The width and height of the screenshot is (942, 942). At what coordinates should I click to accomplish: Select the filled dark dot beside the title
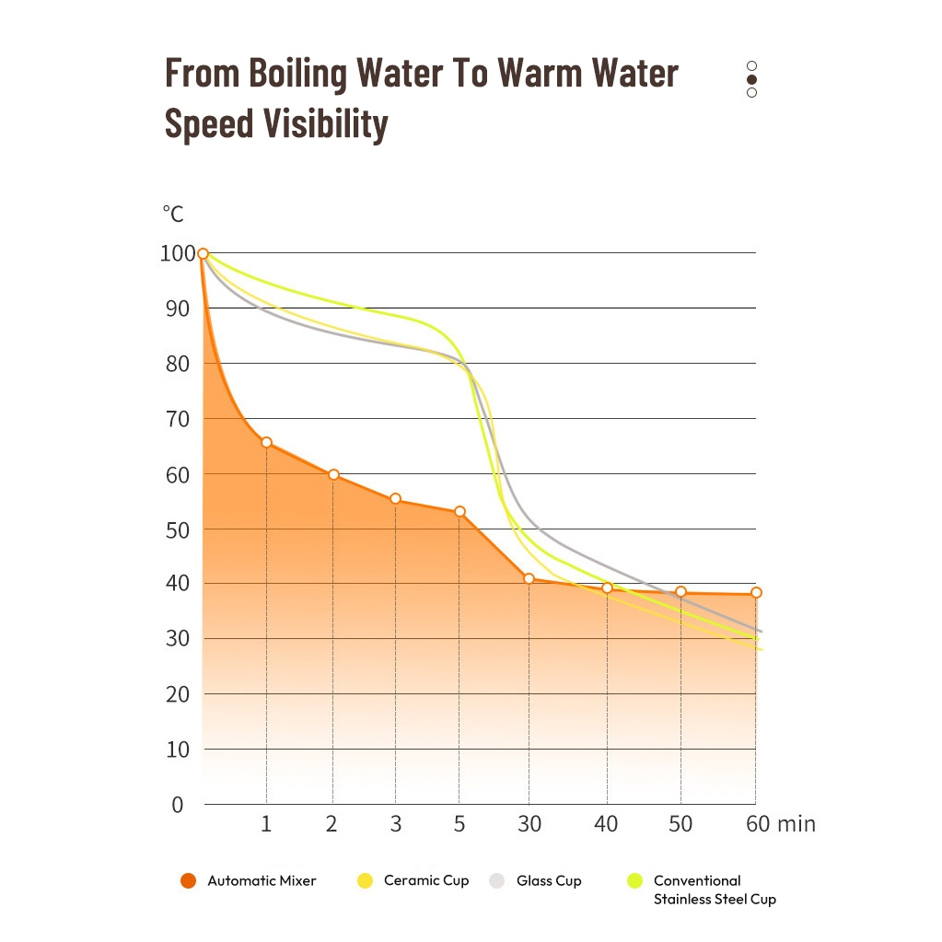pyautogui.click(x=752, y=79)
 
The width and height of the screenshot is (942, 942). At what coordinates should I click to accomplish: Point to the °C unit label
pyautogui.click(x=173, y=215)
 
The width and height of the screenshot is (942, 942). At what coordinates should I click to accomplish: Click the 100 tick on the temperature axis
pyautogui.click(x=177, y=253)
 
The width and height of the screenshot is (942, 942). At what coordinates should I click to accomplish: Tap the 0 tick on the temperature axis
pyautogui.click(x=177, y=805)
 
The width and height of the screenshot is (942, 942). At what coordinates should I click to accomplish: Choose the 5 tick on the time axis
pyautogui.click(x=459, y=824)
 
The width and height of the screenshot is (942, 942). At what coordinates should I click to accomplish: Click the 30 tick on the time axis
pyautogui.click(x=529, y=824)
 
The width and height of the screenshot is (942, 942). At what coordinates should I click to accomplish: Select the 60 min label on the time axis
pyautogui.click(x=781, y=824)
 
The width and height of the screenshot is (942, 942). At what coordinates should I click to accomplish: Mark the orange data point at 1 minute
pyautogui.click(x=266, y=443)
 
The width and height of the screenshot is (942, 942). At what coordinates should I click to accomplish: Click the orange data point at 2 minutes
pyautogui.click(x=333, y=474)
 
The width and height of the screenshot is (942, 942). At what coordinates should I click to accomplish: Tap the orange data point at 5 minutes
pyautogui.click(x=459, y=511)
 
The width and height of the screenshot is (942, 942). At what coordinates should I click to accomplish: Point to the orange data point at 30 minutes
pyautogui.click(x=529, y=578)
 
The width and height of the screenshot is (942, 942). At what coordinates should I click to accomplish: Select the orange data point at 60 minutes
pyautogui.click(x=756, y=592)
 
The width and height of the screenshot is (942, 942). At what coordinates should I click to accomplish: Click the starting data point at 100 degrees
pyautogui.click(x=203, y=253)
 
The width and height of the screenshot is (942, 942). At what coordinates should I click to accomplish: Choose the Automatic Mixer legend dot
pyautogui.click(x=189, y=881)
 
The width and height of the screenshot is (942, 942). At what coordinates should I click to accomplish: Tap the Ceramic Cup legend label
pyautogui.click(x=426, y=881)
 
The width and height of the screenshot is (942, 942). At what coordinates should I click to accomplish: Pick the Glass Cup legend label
pyautogui.click(x=549, y=881)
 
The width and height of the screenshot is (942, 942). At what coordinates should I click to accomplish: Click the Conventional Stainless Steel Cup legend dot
pyautogui.click(x=634, y=881)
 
